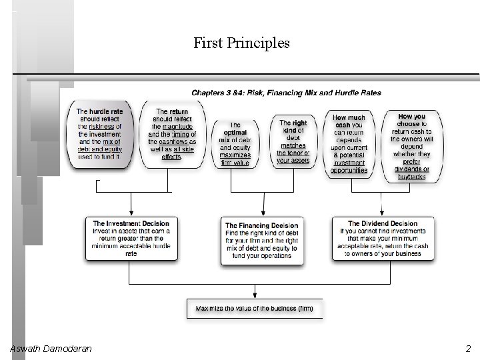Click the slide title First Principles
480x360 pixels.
tap(241, 43)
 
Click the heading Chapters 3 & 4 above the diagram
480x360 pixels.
tap(287, 93)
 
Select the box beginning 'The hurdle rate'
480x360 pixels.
tap(99, 134)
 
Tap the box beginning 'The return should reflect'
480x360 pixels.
tap(172, 134)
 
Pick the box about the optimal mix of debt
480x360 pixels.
tap(235, 143)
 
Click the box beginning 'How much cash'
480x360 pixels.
tap(349, 143)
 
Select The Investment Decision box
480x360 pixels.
tap(131, 238)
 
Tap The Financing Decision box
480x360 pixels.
tap(261, 238)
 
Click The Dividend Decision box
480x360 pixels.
tap(382, 238)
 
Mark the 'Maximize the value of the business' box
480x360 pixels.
tap(254, 309)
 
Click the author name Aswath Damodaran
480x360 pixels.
tap(51, 349)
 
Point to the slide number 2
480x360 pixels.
tap(467, 349)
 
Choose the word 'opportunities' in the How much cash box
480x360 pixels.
tap(349, 171)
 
